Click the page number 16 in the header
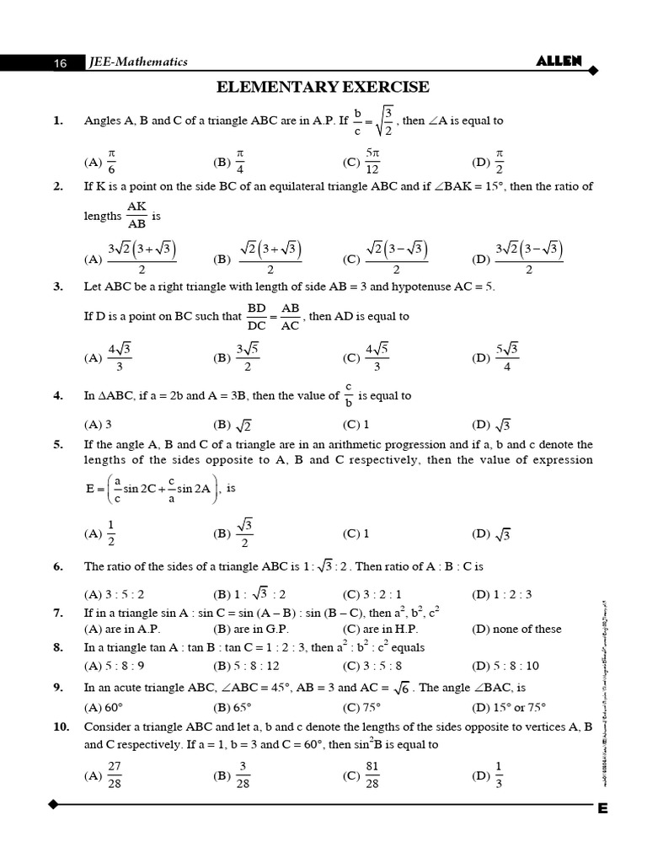60,62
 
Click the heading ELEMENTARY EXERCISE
323,87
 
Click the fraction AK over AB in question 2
136,216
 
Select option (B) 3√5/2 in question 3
235,357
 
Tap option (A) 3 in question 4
99,425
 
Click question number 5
58,444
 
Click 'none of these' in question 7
516,629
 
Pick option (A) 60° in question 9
105,706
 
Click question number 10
61,726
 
